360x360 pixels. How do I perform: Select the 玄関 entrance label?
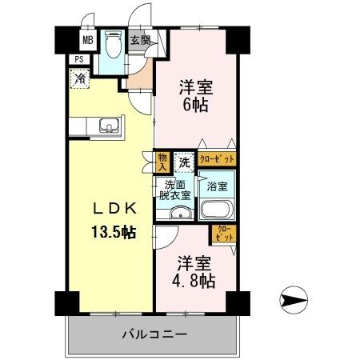click(139, 39)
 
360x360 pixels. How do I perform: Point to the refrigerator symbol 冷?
click(81, 78)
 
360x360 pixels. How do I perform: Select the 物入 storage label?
click(162, 162)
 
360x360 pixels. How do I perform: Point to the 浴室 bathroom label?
click(216, 186)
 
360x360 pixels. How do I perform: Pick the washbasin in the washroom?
click(180, 214)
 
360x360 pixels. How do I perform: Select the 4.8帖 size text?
click(194, 281)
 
